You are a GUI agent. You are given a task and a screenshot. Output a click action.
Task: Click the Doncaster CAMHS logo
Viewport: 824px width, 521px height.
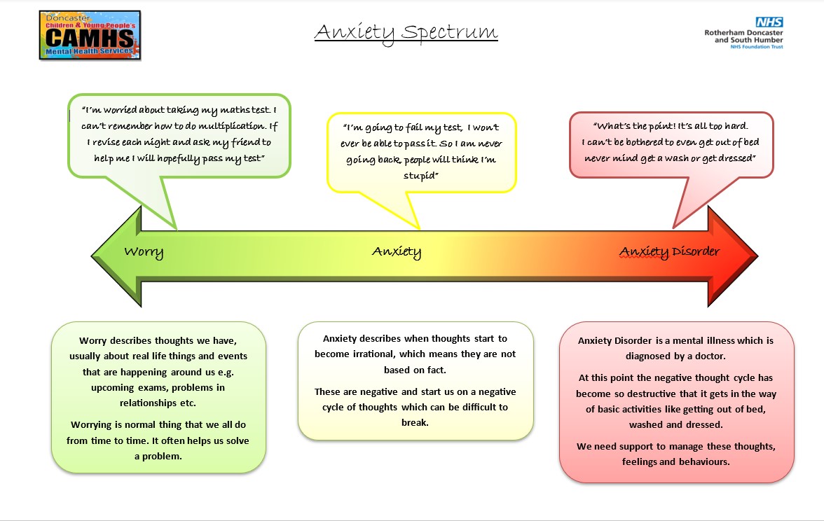point(90,35)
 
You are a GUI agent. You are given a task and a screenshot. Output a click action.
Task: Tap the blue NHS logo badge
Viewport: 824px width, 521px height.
point(769,22)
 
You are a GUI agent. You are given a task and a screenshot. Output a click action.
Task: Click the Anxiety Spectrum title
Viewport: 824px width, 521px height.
point(406,32)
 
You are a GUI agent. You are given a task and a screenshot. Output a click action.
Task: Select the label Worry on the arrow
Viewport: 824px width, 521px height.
point(144,252)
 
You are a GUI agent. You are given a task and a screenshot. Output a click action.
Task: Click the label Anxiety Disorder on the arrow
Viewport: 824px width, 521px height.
point(670,252)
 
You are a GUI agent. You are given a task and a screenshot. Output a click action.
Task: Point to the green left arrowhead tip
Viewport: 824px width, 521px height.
point(92,256)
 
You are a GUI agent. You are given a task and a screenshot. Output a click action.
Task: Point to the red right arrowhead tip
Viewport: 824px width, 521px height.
point(757,256)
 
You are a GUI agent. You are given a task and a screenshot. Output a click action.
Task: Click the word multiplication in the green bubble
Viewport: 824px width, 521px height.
point(232,126)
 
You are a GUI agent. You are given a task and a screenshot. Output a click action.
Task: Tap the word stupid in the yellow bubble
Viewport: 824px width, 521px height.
point(420,175)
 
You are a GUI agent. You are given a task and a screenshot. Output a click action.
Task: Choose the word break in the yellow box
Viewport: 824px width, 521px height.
point(415,423)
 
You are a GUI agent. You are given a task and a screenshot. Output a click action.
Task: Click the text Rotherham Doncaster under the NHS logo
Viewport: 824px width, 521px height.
point(743,32)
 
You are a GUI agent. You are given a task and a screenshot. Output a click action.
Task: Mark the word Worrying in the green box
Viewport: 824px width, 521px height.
point(92,425)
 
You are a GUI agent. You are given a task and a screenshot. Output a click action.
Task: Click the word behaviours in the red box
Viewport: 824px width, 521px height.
point(703,462)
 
